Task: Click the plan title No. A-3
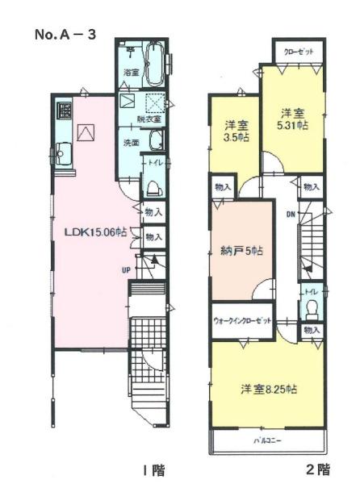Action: point(65,34)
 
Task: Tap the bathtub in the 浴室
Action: point(156,65)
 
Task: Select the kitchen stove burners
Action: point(64,111)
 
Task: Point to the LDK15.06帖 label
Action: point(95,232)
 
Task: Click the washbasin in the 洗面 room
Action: point(157,140)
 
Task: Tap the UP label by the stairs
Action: point(126,270)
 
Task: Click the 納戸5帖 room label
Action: point(242,251)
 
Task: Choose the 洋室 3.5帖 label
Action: point(237,131)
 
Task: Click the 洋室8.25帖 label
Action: point(269,390)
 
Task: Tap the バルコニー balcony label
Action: point(267,440)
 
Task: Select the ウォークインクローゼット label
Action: point(242,320)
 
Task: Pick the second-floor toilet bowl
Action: point(312,310)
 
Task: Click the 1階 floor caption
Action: point(153,470)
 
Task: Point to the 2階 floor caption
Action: point(318,469)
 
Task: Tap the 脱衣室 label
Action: point(149,119)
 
